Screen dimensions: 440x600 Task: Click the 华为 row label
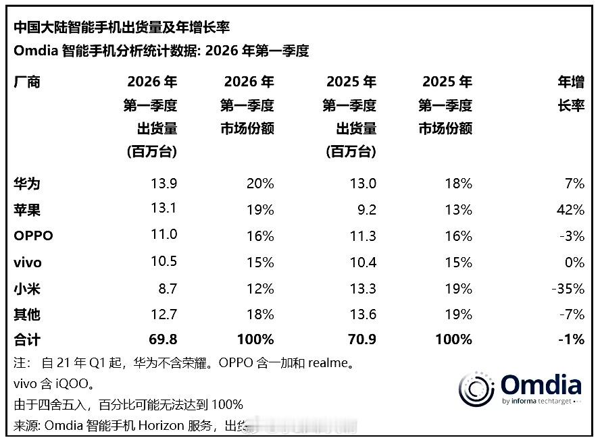(x=27, y=184)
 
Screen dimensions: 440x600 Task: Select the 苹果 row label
(x=27, y=210)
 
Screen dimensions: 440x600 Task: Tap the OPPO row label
(x=33, y=236)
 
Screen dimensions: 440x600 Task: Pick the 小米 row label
(x=27, y=289)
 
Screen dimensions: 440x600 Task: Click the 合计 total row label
(x=27, y=340)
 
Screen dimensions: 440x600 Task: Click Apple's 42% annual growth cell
(x=570, y=210)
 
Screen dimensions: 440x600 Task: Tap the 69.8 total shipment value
(x=162, y=340)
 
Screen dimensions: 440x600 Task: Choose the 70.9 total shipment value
(x=361, y=340)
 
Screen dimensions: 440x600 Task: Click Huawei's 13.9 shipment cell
(x=163, y=184)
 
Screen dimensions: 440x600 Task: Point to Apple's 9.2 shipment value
(x=366, y=210)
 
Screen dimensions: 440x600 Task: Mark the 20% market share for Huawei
(x=260, y=184)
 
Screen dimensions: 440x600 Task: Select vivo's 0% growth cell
(x=574, y=263)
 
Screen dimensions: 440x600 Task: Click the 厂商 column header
(x=27, y=82)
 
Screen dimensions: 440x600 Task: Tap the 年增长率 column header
(x=570, y=94)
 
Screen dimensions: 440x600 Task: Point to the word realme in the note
(x=330, y=363)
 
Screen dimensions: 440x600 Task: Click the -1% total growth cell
(x=572, y=340)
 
